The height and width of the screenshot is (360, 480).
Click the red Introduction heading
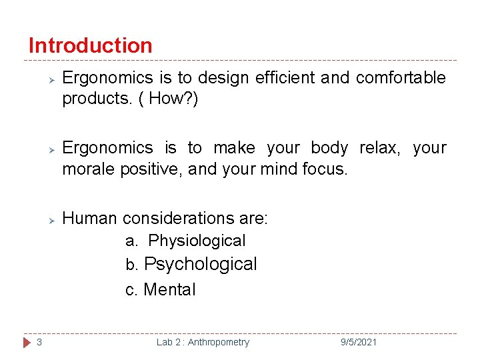[x=90, y=45]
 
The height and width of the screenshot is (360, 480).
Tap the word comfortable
[x=401, y=78]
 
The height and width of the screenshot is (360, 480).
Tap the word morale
[x=89, y=169]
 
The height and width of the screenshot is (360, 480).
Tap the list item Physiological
[x=197, y=241]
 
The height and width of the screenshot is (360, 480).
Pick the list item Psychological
[x=200, y=265]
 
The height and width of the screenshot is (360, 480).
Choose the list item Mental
[x=169, y=290]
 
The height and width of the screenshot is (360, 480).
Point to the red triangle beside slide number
[x=26, y=342]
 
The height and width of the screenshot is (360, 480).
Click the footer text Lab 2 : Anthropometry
[x=203, y=342]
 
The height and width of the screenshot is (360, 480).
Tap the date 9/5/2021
[x=358, y=342]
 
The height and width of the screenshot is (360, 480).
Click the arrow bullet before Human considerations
[x=49, y=219]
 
